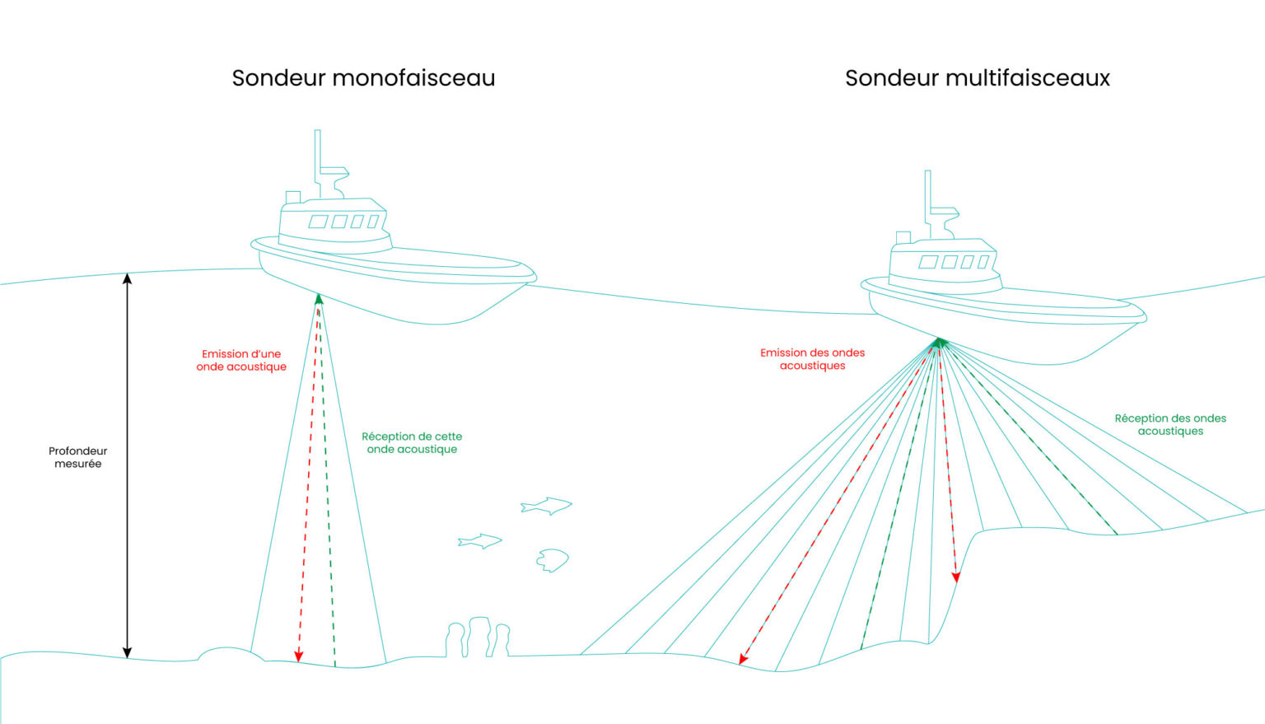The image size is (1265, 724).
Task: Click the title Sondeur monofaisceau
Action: click(x=364, y=78)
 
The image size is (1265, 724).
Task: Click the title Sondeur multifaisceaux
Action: click(x=978, y=78)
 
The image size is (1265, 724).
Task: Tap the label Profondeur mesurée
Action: click(x=78, y=457)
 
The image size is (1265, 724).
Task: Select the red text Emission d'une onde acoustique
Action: click(x=241, y=360)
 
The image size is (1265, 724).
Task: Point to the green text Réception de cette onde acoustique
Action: click(x=412, y=443)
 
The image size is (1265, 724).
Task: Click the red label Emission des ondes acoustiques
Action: click(x=812, y=359)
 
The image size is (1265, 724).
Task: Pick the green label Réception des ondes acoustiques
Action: click(x=1170, y=425)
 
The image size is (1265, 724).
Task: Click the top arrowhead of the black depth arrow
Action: click(x=127, y=278)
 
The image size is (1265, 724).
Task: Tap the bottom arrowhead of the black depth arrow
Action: click(x=127, y=653)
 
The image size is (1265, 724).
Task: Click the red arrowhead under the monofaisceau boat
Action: click(x=299, y=656)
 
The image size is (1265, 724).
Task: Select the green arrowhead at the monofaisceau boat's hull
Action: click(x=319, y=299)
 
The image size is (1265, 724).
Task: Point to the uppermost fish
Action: click(x=546, y=506)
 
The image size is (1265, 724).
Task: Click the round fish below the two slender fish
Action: click(x=552, y=560)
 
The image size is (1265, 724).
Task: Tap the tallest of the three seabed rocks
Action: click(x=478, y=637)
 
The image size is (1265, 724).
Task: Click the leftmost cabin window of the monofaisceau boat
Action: click(x=318, y=222)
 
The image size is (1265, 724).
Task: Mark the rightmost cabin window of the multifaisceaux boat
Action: click(x=983, y=262)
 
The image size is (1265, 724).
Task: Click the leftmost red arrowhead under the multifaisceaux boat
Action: click(x=744, y=659)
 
